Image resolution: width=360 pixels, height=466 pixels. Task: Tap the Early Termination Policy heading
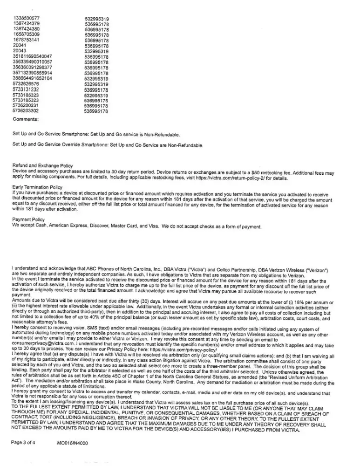pos(37,187)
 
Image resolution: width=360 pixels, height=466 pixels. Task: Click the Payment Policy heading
pos(28,219)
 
